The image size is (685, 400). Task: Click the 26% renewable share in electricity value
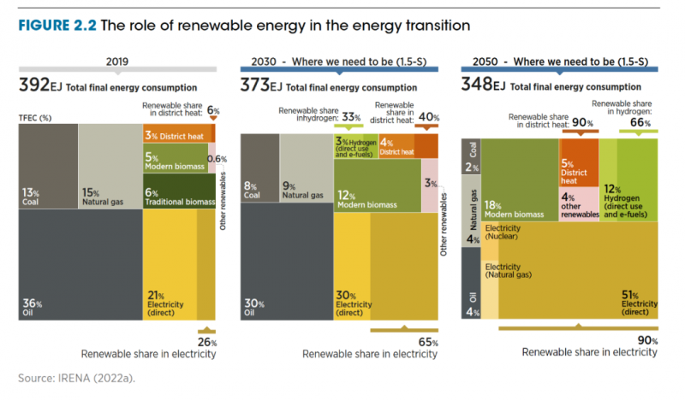pos(205,342)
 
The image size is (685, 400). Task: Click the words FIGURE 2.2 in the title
pos(57,26)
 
